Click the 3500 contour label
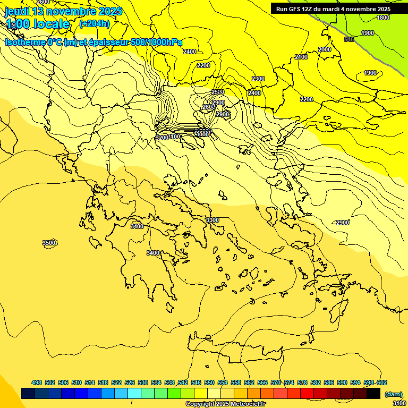[49, 243]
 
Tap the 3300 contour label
[212, 220]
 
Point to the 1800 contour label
[383, 18]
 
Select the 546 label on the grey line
[349, 39]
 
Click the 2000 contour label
[325, 49]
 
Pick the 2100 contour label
[301, 57]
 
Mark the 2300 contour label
[258, 79]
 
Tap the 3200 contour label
[162, 138]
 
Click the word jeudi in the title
[17, 11]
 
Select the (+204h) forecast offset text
[94, 23]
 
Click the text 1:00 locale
[38, 24]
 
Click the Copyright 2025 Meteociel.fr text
[225, 404]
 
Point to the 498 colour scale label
[37, 382]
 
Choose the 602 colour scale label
[381, 382]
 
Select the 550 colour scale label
[209, 382]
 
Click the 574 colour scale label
[289, 382]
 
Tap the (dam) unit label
[393, 394]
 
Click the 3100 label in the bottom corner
[399, 403]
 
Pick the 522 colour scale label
[116, 382]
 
